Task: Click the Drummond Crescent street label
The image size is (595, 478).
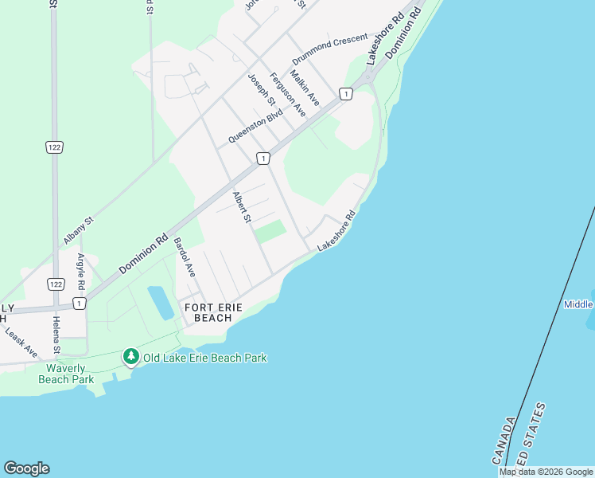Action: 329,49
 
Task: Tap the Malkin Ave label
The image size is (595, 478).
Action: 304,88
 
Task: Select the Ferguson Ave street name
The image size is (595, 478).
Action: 287,94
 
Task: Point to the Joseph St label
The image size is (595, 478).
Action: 261,90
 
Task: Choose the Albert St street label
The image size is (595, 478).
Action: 242,207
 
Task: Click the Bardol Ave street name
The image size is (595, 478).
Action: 185,257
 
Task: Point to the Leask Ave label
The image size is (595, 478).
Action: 21,340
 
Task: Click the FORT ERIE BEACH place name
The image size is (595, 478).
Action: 208,312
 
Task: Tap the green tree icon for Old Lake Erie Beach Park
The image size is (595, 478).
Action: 130,357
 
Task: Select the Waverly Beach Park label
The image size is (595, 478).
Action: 65,373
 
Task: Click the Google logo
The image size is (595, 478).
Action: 26,468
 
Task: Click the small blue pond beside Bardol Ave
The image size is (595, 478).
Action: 160,302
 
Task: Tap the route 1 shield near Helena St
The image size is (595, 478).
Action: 78,304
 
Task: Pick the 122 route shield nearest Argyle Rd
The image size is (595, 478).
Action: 55,284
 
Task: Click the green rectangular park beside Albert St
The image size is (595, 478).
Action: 270,231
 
